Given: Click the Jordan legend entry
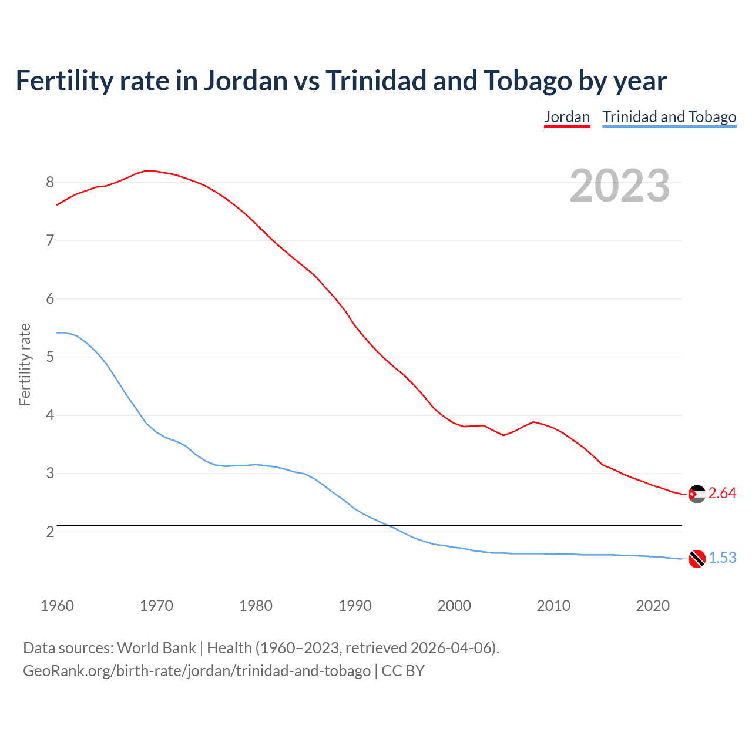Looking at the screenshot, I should pos(566,117).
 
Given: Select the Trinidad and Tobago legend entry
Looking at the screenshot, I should pos(669,117).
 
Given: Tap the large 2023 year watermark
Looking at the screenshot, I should pos(619,186).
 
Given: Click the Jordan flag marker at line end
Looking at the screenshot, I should pos(697,494).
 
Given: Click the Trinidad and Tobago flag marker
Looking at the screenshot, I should pos(697,559).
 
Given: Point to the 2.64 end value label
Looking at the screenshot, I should pos(722,493).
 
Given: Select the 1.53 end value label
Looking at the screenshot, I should pos(722,558).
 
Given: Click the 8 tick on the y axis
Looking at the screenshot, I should pos(50,183).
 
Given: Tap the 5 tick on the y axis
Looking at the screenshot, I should pos(50,357).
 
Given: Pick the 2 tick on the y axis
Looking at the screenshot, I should pos(50,532).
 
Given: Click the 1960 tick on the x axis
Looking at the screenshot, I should pos(57,606).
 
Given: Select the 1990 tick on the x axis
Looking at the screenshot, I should pos(355,606).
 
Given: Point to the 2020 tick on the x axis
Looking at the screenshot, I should pos(653,606).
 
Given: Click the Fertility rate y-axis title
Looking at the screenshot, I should pos(25,364).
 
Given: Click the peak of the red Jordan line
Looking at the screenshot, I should pos(147,170).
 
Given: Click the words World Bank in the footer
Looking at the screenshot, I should pos(156,648).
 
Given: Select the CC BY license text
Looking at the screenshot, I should pos(403,671).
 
